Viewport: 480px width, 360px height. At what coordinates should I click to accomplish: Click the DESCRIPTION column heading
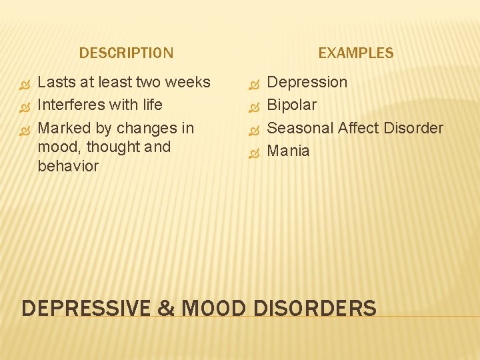126,53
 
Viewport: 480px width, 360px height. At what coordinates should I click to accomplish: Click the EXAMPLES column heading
356,53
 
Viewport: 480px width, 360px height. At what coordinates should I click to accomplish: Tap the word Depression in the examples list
307,83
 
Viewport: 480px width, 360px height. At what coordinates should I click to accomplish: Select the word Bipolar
291,105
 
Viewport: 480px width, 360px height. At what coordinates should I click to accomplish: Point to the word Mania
288,151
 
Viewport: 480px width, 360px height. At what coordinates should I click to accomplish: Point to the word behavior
68,166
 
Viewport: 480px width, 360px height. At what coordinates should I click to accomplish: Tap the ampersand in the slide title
165,309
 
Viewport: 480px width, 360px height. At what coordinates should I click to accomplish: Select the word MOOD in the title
213,309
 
